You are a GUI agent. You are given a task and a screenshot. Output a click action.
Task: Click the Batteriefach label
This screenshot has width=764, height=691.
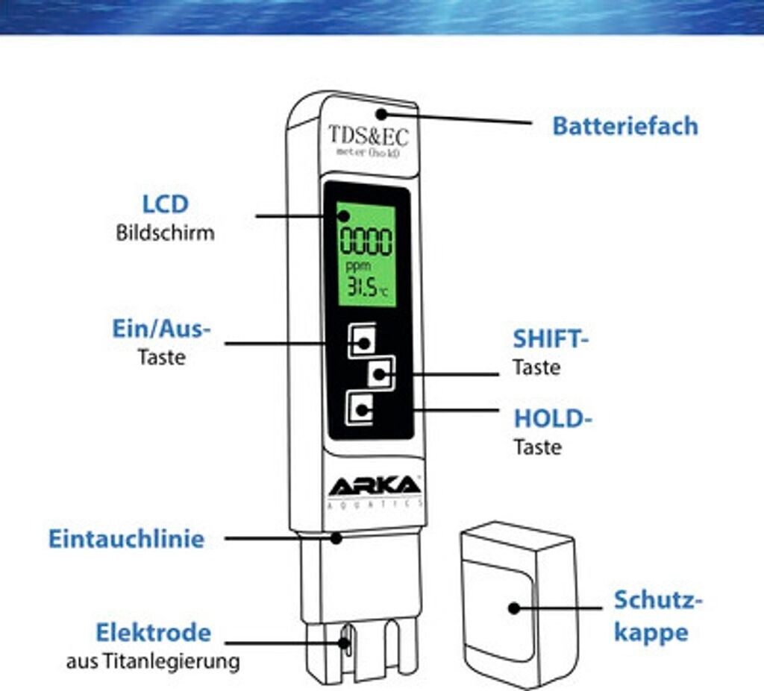(x=624, y=126)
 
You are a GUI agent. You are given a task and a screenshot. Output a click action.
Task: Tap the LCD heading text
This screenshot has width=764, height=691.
(x=165, y=203)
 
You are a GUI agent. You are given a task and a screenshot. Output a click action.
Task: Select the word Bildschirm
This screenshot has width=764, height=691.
(x=165, y=233)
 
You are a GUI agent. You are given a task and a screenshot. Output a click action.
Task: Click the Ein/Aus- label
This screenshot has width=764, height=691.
(x=161, y=329)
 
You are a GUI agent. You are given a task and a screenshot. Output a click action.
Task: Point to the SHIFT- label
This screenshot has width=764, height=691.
(x=551, y=339)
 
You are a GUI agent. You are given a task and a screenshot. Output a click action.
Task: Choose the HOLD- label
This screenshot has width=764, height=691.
(x=552, y=419)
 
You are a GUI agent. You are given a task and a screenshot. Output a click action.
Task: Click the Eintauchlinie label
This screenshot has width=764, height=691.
(x=126, y=539)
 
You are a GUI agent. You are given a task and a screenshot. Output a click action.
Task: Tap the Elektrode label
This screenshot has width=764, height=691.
(x=153, y=633)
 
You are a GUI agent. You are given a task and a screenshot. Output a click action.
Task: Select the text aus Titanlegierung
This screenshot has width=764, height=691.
(x=153, y=661)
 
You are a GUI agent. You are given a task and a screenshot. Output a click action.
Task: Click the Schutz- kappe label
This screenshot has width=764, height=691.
(x=658, y=616)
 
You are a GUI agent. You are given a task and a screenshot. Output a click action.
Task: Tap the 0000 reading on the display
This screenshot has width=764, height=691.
(x=366, y=242)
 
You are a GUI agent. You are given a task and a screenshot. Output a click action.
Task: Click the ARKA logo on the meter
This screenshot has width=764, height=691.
(x=375, y=486)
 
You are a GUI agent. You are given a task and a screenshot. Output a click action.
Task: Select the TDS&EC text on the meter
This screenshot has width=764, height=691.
(x=368, y=136)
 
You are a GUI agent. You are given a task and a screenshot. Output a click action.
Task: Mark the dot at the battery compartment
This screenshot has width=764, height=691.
(x=381, y=114)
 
